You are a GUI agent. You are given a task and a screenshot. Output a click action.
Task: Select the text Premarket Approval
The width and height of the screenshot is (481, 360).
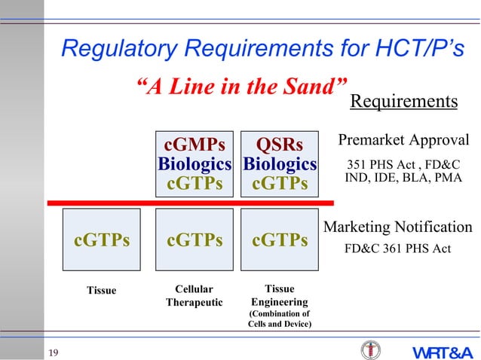click(x=403, y=141)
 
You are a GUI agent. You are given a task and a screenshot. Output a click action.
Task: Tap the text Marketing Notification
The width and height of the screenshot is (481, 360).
click(x=398, y=227)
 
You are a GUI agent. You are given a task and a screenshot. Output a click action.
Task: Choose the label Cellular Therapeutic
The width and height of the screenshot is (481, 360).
click(x=195, y=296)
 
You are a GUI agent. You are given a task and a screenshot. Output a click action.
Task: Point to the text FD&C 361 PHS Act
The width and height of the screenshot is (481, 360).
click(x=397, y=246)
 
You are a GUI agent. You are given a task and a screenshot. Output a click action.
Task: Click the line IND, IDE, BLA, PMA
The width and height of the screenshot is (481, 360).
click(x=403, y=178)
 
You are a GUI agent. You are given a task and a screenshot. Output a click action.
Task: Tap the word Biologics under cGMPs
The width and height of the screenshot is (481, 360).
click(x=195, y=164)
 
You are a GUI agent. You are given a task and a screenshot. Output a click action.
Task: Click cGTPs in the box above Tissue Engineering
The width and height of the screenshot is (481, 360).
click(x=280, y=240)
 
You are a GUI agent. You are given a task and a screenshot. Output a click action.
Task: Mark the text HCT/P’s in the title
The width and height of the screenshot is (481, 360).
click(x=419, y=50)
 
